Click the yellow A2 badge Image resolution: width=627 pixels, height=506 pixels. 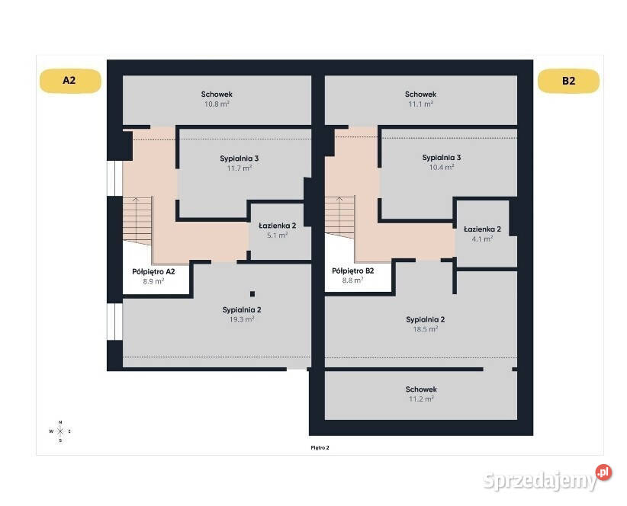click(70, 81)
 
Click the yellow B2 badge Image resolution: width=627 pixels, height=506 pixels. click(568, 81)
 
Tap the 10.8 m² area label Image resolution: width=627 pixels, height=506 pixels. click(217, 104)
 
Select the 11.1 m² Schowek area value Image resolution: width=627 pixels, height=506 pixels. click(420, 104)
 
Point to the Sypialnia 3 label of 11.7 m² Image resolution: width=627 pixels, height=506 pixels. click(239, 159)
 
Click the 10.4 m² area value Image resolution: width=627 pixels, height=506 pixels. click(442, 168)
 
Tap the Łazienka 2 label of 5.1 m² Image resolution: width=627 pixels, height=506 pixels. click(277, 226)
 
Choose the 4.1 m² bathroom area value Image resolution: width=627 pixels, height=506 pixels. click(482, 239)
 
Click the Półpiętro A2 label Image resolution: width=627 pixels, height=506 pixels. click(153, 271)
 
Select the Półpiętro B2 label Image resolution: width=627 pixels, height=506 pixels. click(352, 271)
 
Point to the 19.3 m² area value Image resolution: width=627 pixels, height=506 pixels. click(242, 319)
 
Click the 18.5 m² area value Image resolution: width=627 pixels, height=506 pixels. click(426, 329)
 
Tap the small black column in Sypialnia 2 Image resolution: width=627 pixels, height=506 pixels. click(252, 294)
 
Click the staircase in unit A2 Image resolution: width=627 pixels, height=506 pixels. click(137, 220)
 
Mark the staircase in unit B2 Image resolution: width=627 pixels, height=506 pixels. click(339, 217)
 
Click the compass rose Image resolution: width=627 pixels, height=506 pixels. click(60, 431)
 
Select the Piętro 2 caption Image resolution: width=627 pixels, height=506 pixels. click(320, 447)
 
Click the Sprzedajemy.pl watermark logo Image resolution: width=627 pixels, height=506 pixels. click(548, 478)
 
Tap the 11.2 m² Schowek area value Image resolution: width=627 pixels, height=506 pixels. click(421, 399)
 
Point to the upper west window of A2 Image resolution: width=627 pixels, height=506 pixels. click(114, 178)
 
